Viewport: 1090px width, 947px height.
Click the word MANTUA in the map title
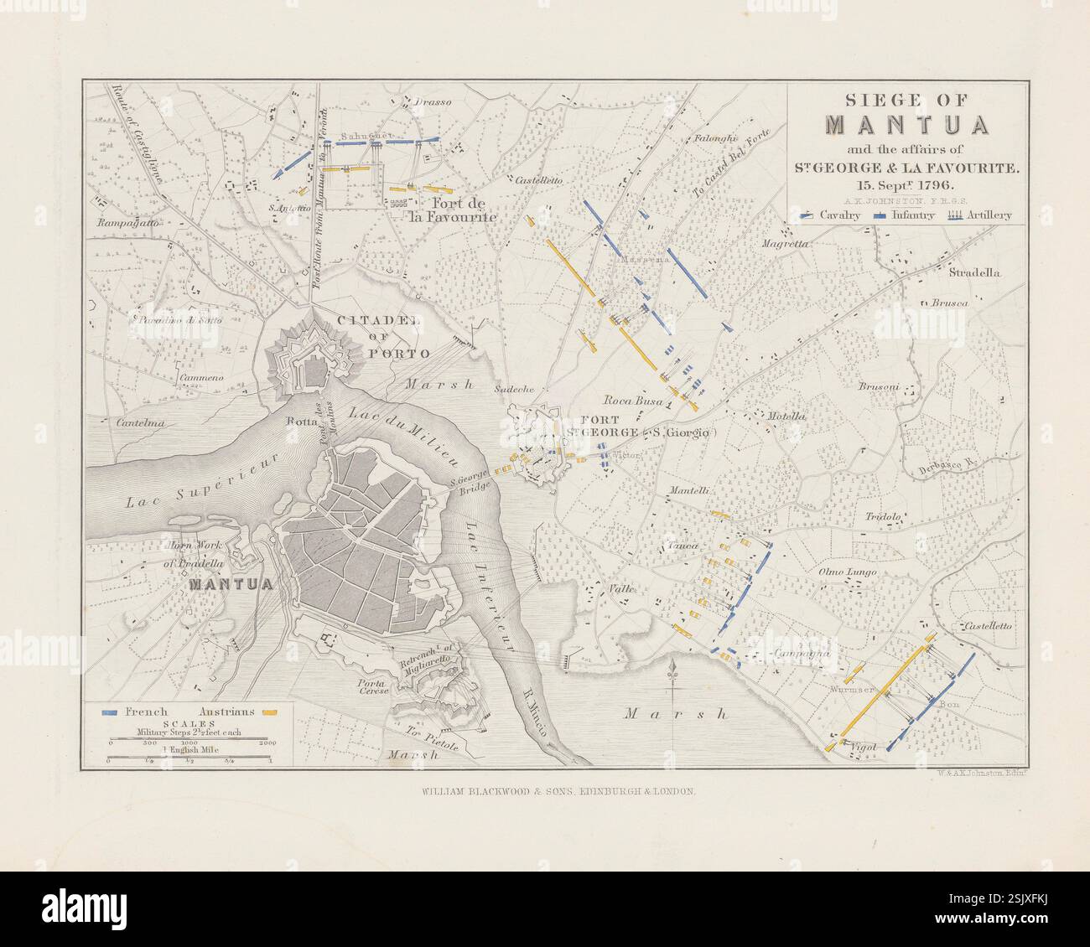[x=907, y=124]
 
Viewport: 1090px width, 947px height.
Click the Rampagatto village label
[x=127, y=224]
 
